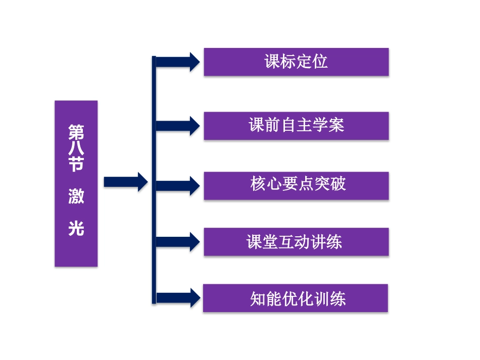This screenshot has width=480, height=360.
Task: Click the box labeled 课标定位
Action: (296, 62)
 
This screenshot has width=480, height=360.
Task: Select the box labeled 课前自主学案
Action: (296, 125)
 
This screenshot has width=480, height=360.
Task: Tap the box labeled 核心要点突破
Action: (296, 185)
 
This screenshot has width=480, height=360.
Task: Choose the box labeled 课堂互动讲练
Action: (296, 242)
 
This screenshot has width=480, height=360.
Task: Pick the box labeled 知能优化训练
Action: (296, 298)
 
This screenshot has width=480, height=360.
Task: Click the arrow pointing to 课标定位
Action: (177, 62)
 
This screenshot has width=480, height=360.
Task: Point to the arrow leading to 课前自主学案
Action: (177, 125)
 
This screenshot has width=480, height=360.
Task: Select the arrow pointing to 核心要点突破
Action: (177, 185)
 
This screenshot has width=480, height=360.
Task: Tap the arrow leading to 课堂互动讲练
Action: (177, 242)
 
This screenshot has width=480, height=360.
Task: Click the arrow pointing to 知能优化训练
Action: (177, 298)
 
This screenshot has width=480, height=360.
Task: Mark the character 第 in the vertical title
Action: (76, 133)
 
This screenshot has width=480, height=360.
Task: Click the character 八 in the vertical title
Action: (76, 149)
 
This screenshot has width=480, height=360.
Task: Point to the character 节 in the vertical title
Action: (76, 166)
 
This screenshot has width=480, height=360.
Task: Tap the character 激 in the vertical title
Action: (76, 197)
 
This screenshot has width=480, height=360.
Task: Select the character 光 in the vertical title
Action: (76, 229)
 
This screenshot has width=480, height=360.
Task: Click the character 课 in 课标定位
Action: (272, 62)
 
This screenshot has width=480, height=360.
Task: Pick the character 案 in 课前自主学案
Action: (337, 125)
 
